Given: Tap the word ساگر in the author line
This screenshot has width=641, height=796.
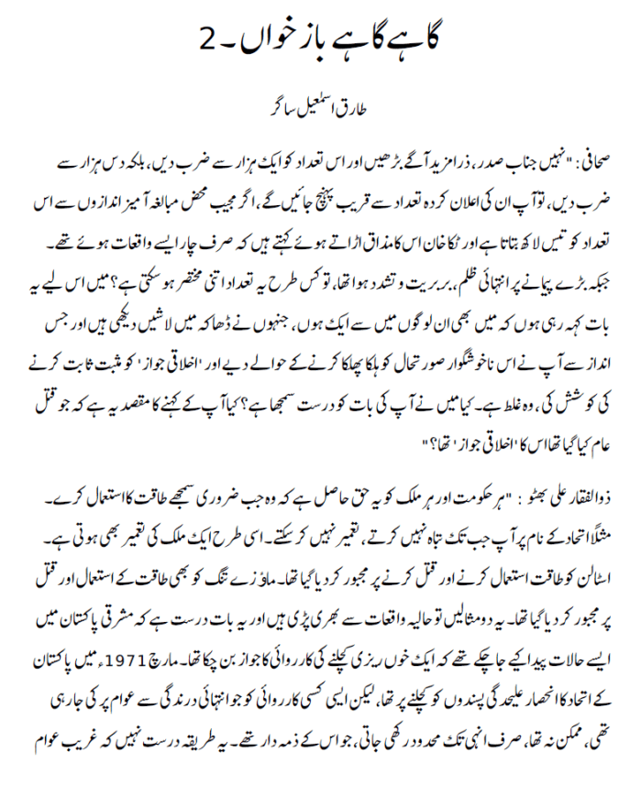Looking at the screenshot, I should pos(270,107).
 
